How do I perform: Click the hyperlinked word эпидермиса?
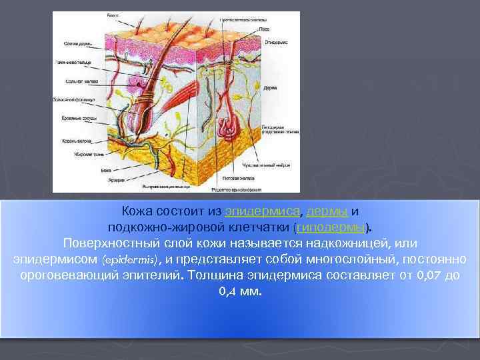263,212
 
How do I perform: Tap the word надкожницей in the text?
346,243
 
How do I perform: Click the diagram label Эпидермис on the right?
275,42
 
